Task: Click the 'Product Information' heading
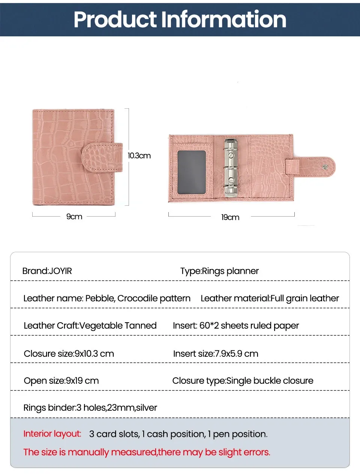coord(180,19)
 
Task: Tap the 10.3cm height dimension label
coord(139,156)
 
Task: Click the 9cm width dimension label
coord(74,217)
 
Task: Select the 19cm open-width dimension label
coord(230,217)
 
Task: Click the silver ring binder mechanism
coord(231,167)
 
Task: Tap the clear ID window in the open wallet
coord(192,172)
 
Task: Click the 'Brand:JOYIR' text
coord(47,271)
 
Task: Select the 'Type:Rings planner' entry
coord(219,271)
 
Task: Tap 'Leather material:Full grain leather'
coord(270,298)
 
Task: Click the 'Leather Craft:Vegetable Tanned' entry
coord(90,326)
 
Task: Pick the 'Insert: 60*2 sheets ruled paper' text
coord(236,326)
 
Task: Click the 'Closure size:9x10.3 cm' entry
coord(69,354)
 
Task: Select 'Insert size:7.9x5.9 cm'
coord(216,354)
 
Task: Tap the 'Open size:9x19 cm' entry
coord(61,381)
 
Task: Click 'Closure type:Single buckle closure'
coord(243,381)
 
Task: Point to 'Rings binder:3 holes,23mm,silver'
coord(90,408)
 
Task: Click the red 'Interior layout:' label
coord(52,434)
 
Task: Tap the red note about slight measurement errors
coord(147,452)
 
